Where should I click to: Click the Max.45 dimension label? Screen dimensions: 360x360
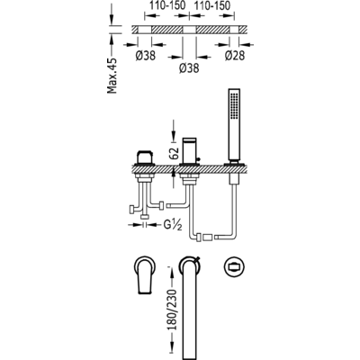(112, 75)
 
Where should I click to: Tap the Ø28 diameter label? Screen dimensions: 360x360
(235, 56)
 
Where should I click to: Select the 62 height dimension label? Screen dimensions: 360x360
(175, 153)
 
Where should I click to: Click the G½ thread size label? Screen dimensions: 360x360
(173, 225)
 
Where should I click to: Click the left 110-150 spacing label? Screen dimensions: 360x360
(167, 5)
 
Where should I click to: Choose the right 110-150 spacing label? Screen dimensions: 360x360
(212, 5)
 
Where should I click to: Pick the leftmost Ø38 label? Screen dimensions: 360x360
(146, 56)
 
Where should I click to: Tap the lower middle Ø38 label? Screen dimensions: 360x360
(189, 68)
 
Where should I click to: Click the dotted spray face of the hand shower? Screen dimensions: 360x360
(234, 105)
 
